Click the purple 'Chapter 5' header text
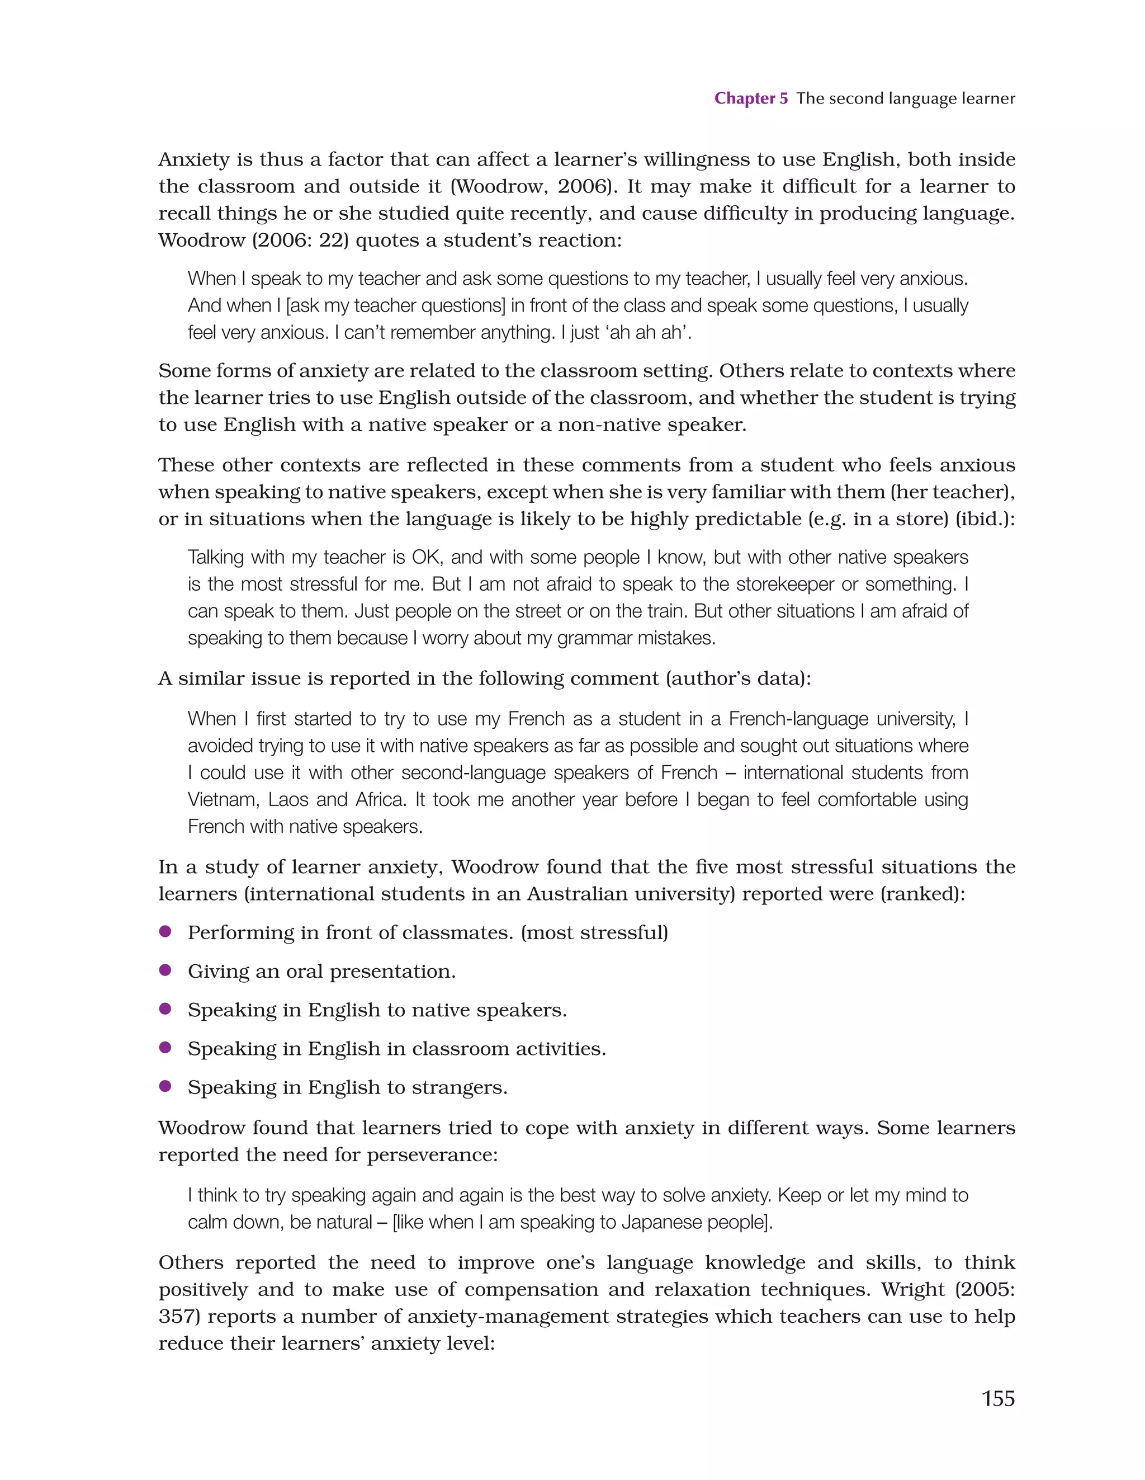point(751,98)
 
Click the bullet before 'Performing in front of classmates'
point(164,931)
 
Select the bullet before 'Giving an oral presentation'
point(164,970)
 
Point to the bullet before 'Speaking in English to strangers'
point(164,1086)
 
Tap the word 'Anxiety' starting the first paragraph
point(194,160)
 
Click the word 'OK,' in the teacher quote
point(427,557)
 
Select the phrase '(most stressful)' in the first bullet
point(594,933)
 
